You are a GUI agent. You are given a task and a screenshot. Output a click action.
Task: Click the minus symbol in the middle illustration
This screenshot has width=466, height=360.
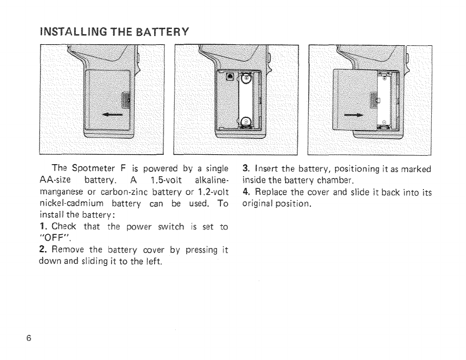click(x=245, y=122)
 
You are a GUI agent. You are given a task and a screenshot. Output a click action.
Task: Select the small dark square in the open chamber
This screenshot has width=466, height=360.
click(x=229, y=77)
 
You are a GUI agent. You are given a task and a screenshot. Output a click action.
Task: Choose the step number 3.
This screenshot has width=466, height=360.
click(x=245, y=169)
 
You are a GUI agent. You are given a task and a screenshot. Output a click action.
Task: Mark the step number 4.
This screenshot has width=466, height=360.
click(x=245, y=192)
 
